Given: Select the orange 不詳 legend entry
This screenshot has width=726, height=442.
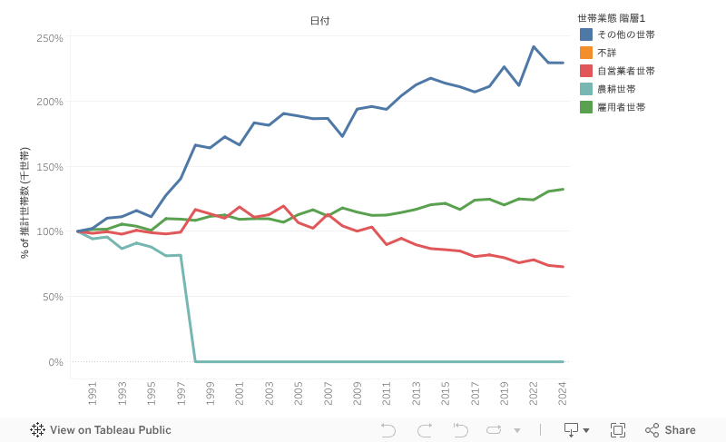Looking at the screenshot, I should pos(606,53).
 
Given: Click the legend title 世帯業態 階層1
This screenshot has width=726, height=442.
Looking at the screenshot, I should pos(611,18).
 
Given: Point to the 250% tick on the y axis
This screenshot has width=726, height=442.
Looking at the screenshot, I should pos(50,38).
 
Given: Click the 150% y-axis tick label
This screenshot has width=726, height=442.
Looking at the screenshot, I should pos(50,167).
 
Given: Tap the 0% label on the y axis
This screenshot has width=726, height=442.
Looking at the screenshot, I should pos(55,362).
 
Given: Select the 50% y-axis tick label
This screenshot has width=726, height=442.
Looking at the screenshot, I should pos(53,297).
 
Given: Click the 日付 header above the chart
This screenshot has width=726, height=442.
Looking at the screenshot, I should pos(319,20).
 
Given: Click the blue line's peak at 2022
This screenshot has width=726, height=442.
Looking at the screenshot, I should pos(534,46).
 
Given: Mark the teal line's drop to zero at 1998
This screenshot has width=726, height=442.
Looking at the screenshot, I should pos(196,361).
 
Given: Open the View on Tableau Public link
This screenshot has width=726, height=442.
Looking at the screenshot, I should pos(101,430).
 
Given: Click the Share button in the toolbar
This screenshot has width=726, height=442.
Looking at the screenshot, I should pos(671,430).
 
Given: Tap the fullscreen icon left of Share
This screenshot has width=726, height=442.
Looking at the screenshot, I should pos(618,430).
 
